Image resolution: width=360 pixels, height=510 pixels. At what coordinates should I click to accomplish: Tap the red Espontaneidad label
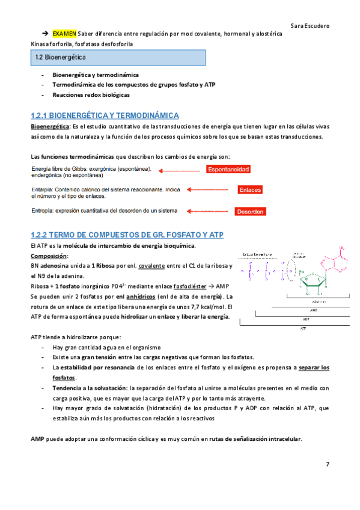click(228, 170)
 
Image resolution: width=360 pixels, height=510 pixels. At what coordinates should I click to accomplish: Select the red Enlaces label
click(249, 190)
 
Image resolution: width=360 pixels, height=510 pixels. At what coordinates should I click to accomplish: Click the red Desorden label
click(249, 212)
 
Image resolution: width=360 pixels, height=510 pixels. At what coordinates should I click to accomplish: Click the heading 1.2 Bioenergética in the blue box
click(60, 58)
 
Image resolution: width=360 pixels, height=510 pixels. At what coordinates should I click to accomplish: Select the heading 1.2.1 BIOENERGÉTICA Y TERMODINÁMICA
click(105, 115)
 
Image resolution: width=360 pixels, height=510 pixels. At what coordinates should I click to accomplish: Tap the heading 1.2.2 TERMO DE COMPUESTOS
click(127, 234)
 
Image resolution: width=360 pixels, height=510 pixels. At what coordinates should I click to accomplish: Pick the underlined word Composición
click(50, 256)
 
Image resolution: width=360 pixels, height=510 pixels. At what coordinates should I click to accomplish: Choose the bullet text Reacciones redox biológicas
click(91, 95)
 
